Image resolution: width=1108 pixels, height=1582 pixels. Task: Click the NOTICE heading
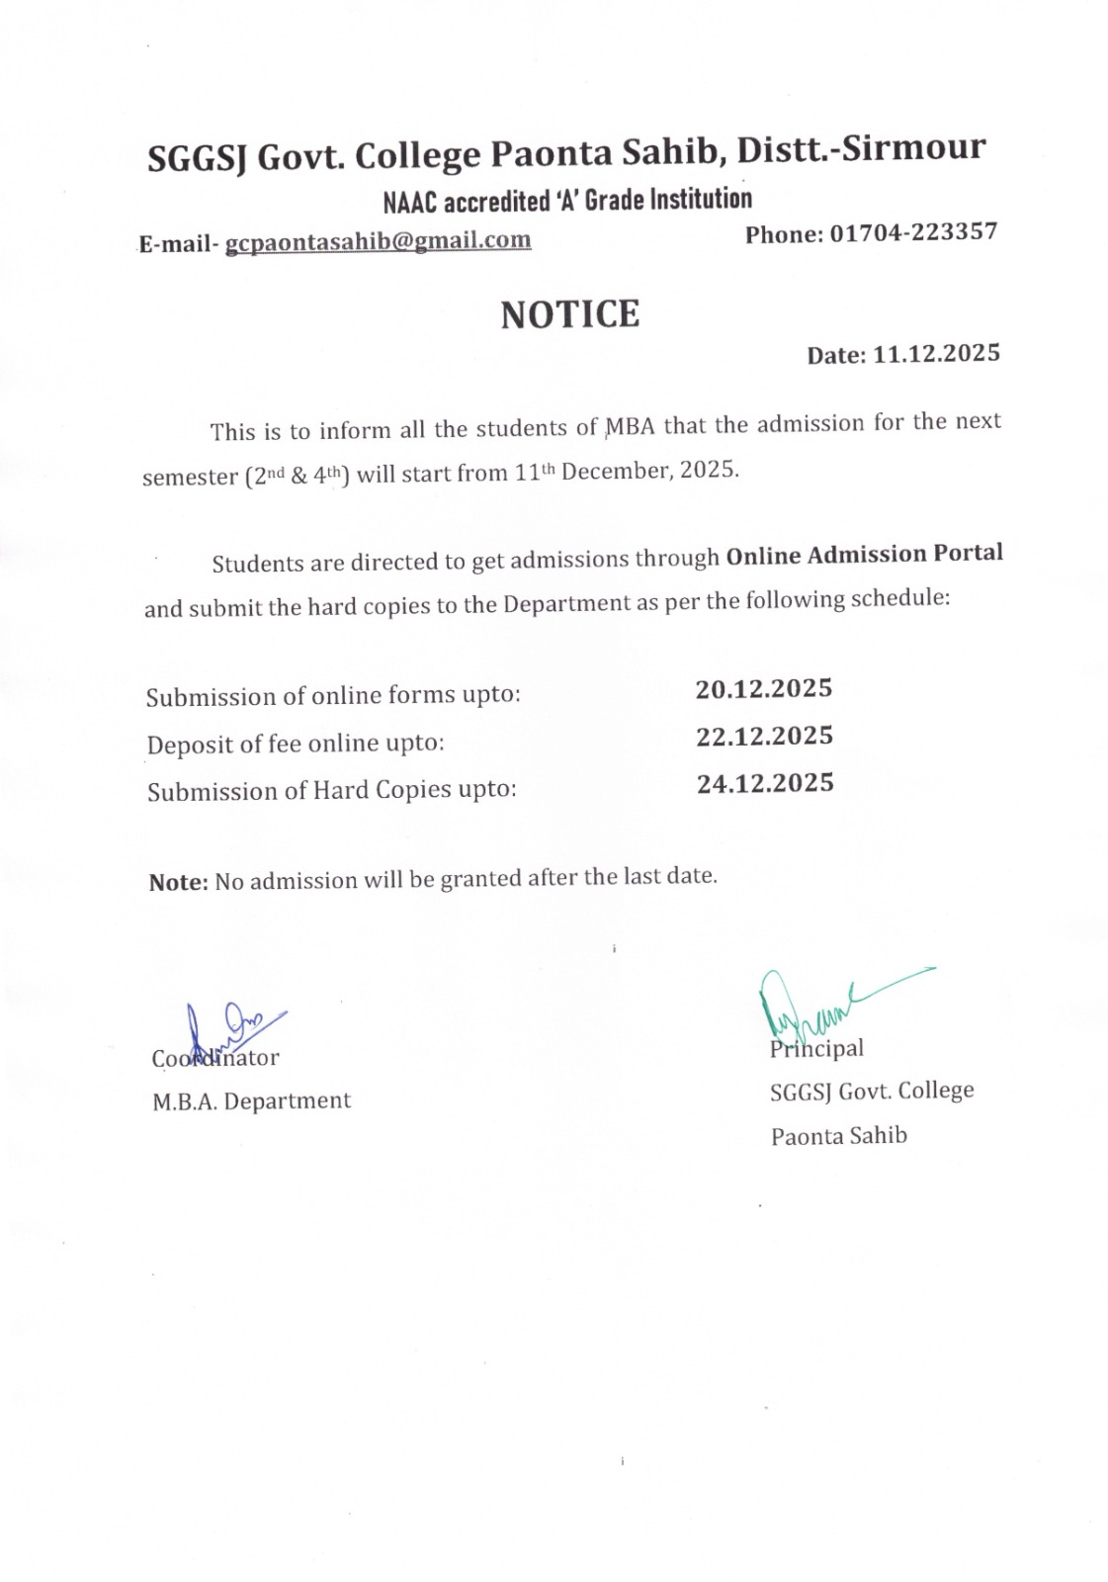(x=569, y=314)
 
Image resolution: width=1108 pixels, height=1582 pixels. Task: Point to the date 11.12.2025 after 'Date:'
(x=936, y=354)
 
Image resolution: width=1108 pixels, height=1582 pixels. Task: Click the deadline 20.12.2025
(x=763, y=688)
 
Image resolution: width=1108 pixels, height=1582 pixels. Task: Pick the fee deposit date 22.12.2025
(x=764, y=736)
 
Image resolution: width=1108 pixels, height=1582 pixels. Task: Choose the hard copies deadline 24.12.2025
(x=765, y=783)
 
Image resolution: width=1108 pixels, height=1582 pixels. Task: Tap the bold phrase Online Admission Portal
(x=864, y=554)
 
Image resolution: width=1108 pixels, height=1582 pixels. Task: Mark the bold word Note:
(x=178, y=882)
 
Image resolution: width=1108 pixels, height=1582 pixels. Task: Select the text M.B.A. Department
(x=251, y=1100)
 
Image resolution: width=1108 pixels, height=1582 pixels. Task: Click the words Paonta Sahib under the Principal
(x=838, y=1135)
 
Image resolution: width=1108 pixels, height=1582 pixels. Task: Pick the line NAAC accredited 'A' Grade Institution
(x=566, y=200)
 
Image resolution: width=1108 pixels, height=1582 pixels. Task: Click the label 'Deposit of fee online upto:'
(x=296, y=744)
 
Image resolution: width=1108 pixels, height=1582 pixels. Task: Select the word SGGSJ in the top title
(x=196, y=158)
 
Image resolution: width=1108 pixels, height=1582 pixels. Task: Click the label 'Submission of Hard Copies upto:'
(x=331, y=791)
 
